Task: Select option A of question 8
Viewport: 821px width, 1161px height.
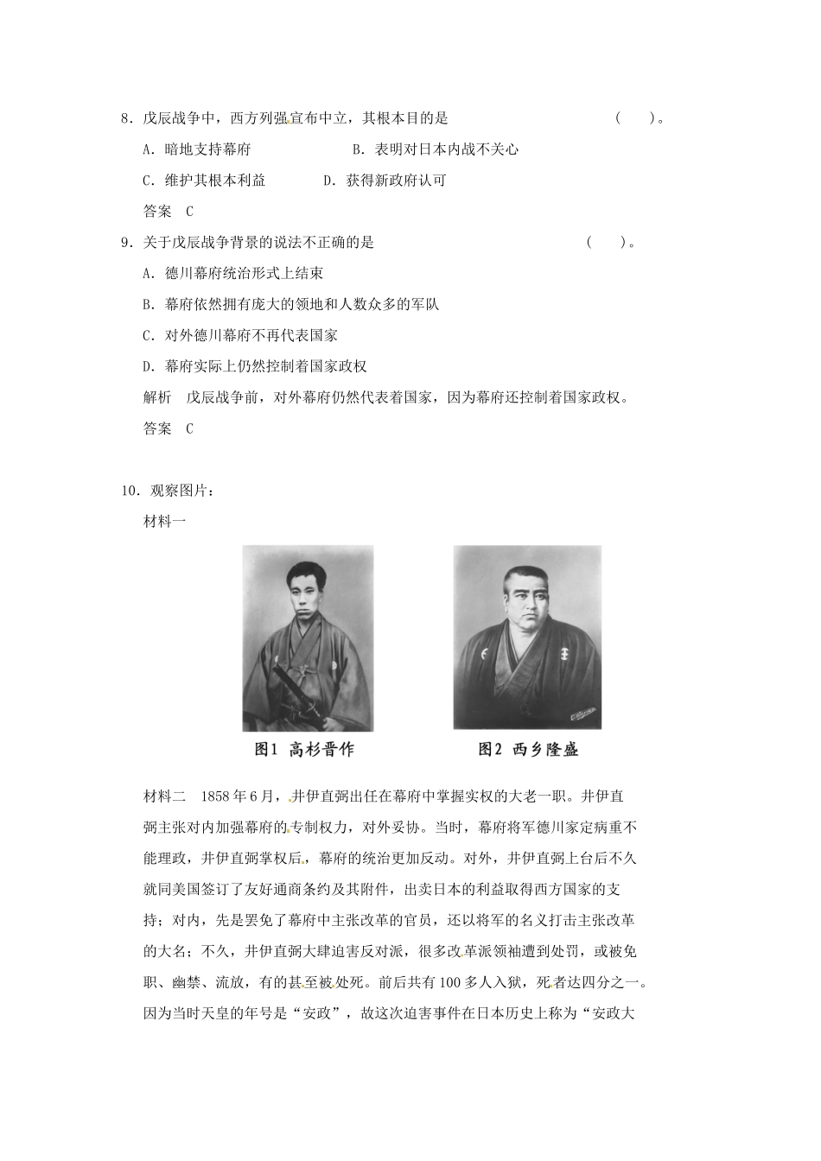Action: [x=197, y=149]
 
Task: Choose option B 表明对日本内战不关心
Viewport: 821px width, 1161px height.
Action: [x=436, y=149]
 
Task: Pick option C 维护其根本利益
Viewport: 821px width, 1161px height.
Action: [x=204, y=181]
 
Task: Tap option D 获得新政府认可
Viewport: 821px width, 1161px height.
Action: [x=385, y=181]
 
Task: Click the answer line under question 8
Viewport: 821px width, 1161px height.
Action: [x=168, y=212]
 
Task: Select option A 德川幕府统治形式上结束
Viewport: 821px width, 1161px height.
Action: [x=233, y=274]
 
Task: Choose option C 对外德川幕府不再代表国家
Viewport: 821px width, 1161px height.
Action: [x=240, y=335]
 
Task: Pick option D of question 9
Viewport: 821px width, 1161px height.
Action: [x=255, y=366]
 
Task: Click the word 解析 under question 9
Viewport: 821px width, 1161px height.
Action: [x=157, y=397]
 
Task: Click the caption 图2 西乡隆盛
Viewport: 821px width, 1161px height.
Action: [x=528, y=749]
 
